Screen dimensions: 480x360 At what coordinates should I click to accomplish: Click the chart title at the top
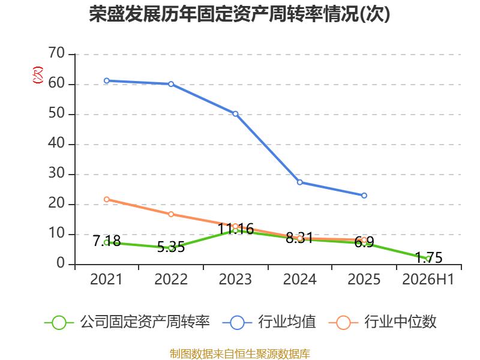239,14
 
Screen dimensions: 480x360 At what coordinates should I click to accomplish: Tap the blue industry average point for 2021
107,81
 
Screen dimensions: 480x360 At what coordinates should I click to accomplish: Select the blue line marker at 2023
235,114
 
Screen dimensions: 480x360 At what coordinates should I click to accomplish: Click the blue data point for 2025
364,196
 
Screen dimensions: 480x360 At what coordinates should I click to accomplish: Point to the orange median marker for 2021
107,199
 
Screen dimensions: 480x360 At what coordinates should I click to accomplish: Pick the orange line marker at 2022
171,214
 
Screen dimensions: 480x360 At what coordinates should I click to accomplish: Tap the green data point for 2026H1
428,259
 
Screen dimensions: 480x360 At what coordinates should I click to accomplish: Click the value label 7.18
107,241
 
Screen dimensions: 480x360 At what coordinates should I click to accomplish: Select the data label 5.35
171,247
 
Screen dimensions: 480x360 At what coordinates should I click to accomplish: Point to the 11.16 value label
235,229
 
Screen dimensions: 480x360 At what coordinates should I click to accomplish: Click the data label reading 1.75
428,258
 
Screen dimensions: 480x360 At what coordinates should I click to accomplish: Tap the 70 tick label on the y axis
56,53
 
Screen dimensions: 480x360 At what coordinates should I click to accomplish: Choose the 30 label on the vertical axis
56,173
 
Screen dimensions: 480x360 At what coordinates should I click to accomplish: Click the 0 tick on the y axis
61,263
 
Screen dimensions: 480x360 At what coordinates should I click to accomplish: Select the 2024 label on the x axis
299,280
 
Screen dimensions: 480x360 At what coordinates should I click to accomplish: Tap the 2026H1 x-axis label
428,280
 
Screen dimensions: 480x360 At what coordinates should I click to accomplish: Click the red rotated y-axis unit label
38,75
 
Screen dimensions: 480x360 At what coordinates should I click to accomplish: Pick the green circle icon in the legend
59,323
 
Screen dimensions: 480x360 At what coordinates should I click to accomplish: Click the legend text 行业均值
287,322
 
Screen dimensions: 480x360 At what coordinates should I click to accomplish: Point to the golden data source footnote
240,354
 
